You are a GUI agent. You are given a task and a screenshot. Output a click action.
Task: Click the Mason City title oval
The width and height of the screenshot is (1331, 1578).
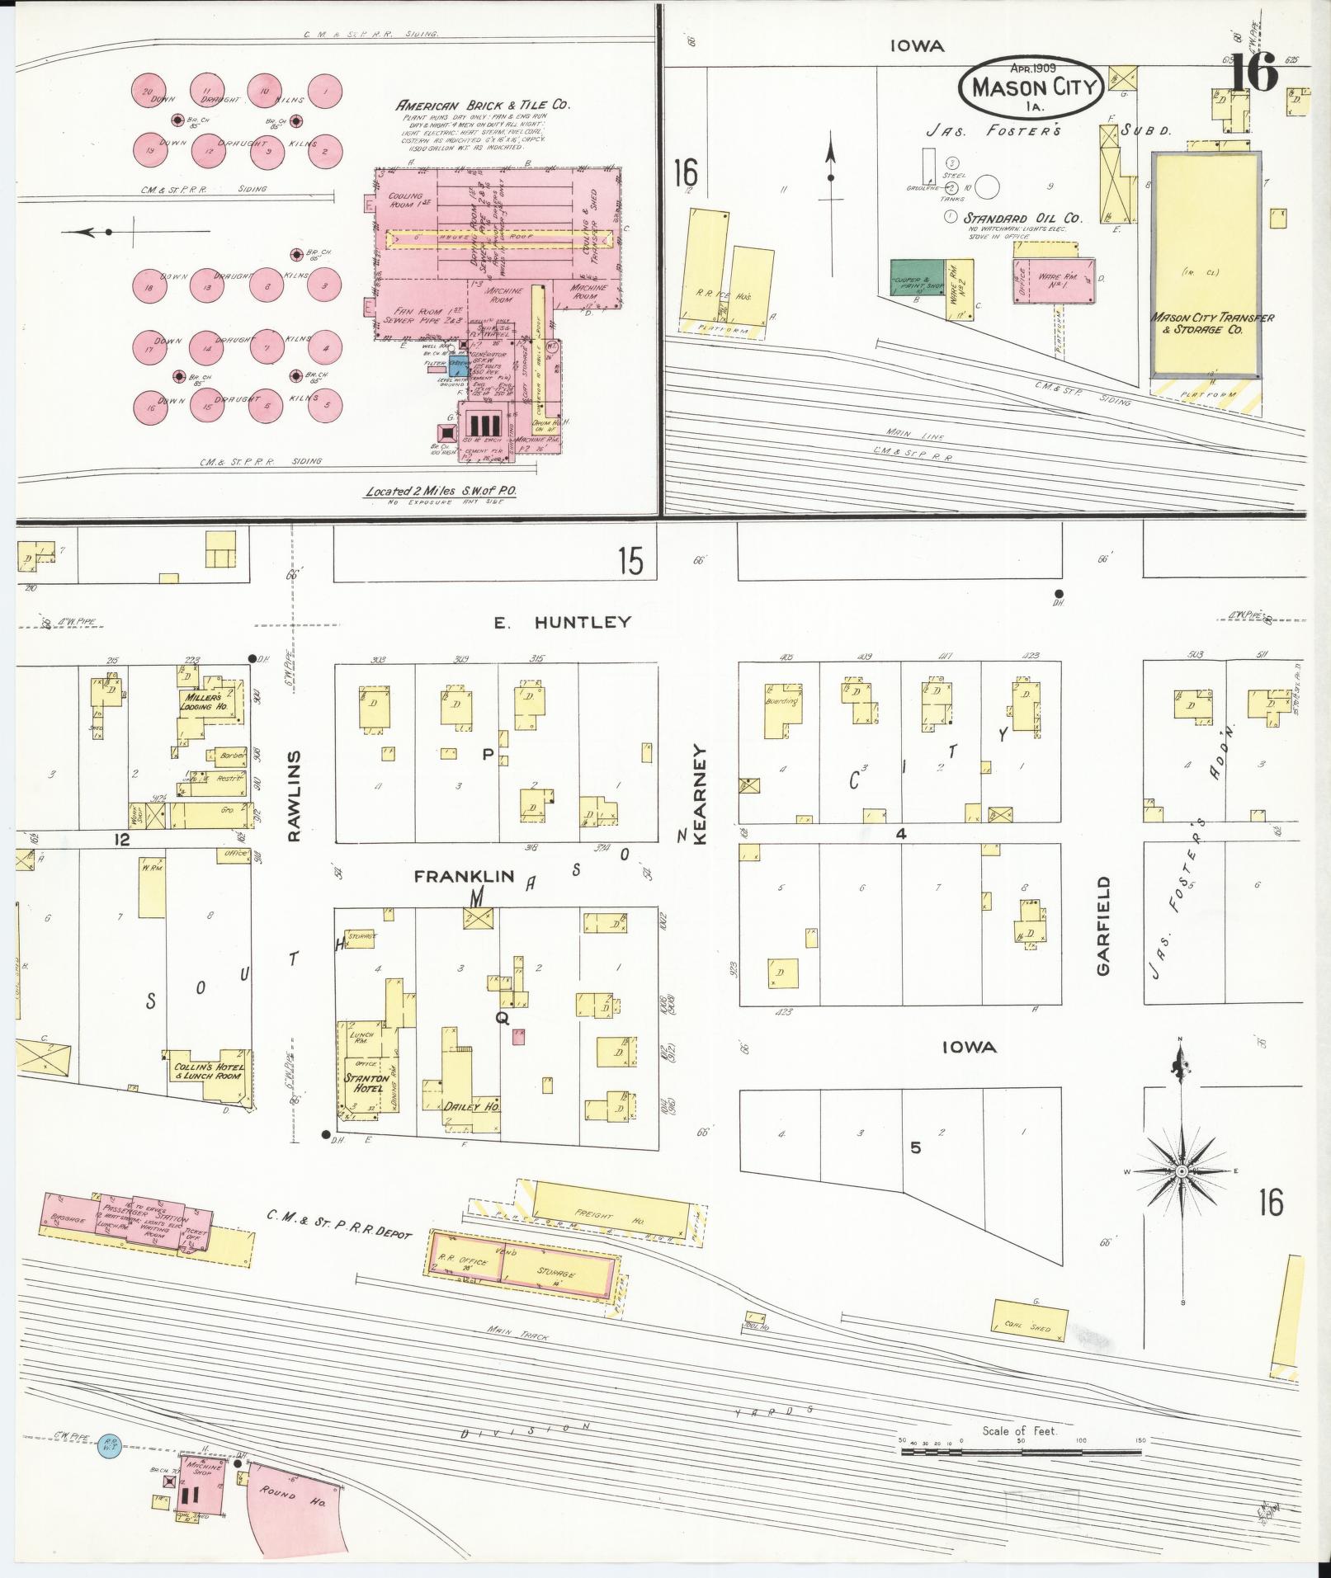point(1032,86)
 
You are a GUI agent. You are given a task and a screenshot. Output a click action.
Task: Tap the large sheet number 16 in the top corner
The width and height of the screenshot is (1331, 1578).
point(1254,73)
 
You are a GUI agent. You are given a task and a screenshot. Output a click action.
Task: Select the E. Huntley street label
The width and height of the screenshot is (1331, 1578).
point(563,622)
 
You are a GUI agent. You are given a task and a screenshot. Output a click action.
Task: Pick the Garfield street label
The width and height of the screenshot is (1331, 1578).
point(1104,926)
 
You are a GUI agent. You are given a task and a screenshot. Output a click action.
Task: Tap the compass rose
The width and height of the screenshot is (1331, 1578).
point(1181,1171)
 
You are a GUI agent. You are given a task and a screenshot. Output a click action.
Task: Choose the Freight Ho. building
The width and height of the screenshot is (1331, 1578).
point(608,1213)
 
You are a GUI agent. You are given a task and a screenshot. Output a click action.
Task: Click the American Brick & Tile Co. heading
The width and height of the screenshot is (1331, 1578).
point(483,105)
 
